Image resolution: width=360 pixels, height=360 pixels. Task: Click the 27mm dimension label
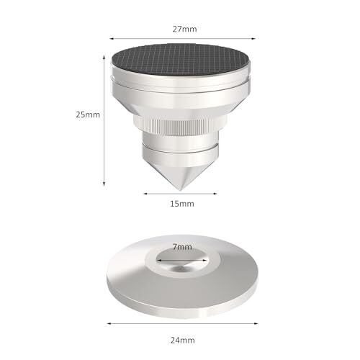click(x=180, y=28)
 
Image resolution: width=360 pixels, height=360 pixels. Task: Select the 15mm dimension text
click(x=180, y=204)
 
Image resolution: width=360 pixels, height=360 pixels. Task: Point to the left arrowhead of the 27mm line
click(x=112, y=40)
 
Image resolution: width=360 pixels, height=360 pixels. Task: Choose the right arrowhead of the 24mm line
click(x=253, y=322)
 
